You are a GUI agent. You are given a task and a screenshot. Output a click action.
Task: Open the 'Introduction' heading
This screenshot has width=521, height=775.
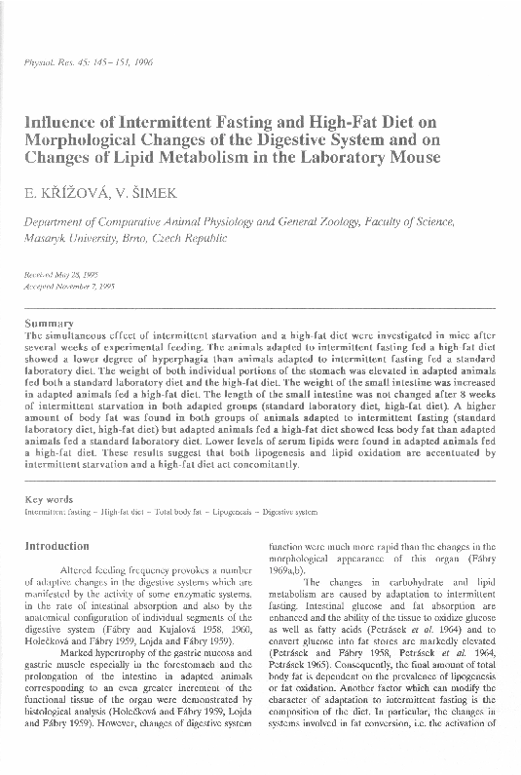(x=57, y=547)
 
